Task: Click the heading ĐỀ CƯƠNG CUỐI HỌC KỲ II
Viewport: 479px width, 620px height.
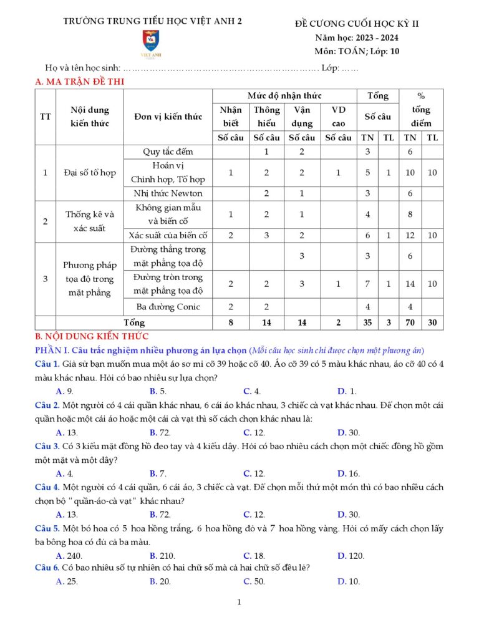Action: tap(357, 24)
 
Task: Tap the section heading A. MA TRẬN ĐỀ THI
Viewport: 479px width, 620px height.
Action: tap(81, 81)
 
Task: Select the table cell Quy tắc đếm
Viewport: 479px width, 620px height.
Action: tap(168, 152)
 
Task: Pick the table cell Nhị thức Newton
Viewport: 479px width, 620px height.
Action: tap(168, 193)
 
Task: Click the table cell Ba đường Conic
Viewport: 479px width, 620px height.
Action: tap(168, 306)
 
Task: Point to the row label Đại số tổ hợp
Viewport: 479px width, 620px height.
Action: tap(90, 173)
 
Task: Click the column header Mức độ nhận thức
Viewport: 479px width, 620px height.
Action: tap(284, 95)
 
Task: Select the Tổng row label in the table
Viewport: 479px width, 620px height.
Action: tap(134, 322)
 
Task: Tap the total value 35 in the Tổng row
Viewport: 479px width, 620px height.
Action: tap(367, 322)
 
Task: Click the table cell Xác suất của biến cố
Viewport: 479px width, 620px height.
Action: tap(168, 235)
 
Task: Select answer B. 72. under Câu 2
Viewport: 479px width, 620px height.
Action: tap(160, 432)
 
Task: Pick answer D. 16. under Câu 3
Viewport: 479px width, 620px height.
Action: tap(348, 473)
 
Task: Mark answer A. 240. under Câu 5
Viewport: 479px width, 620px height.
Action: tap(69, 556)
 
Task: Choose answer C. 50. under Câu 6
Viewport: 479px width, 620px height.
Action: tap(254, 581)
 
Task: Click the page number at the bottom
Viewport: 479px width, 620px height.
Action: tap(239, 602)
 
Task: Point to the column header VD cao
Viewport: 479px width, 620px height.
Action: tap(338, 116)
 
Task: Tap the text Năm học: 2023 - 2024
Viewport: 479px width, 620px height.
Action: tap(357, 38)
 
